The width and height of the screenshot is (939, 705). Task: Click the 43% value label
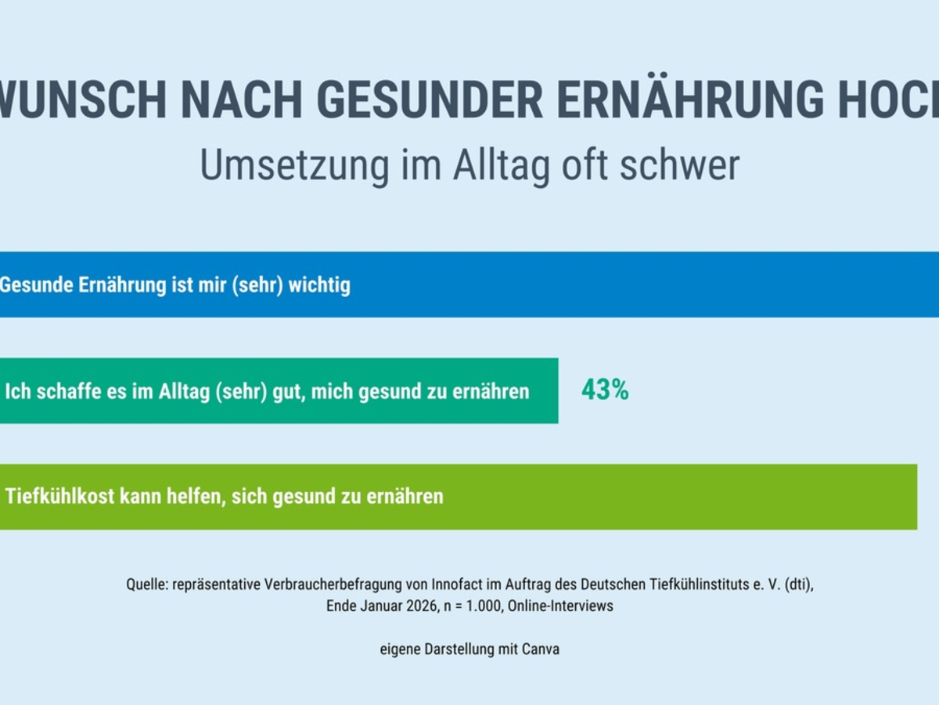[x=605, y=390]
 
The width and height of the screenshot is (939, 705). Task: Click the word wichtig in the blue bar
[x=319, y=284]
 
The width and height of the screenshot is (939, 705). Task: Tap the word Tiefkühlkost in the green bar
[x=59, y=497]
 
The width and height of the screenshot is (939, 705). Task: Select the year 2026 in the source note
[x=416, y=606]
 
